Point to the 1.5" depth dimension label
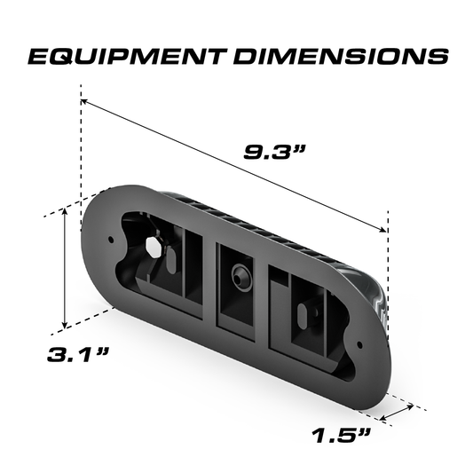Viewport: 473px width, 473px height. [x=343, y=435]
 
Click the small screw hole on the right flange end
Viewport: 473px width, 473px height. [x=359, y=341]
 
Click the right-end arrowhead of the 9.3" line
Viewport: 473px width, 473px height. [x=383, y=227]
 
